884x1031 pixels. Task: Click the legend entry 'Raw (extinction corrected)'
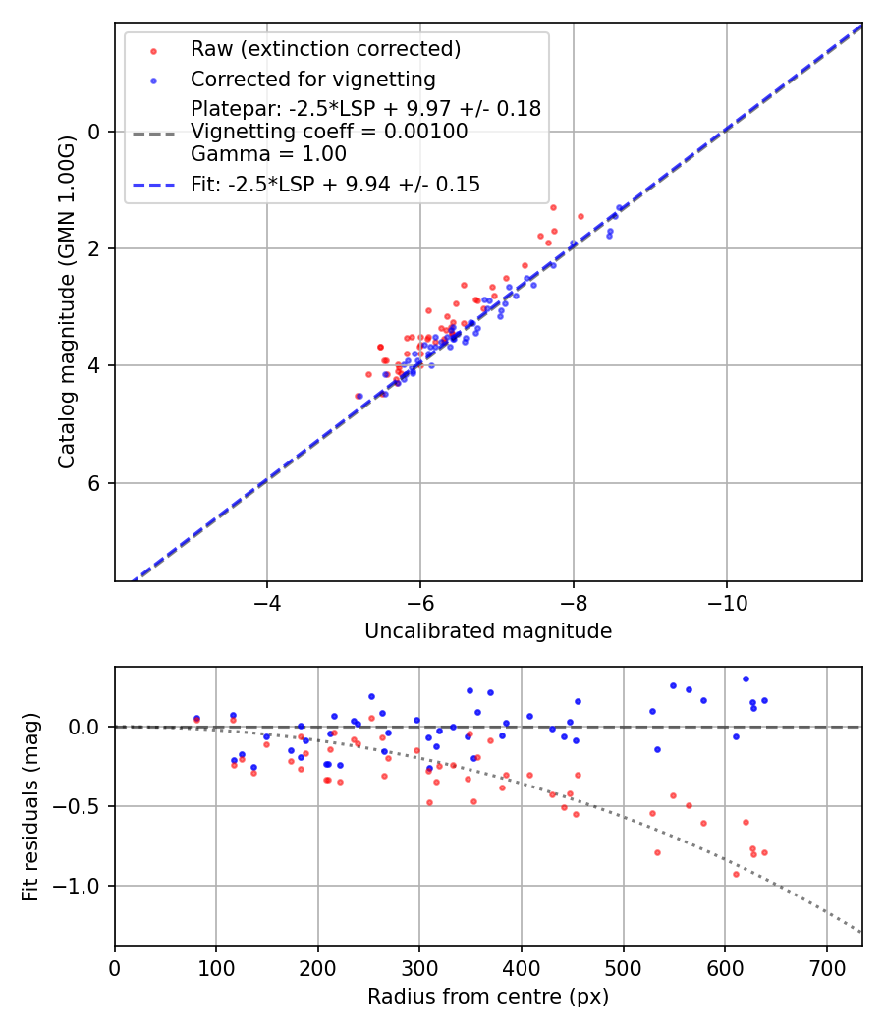click(x=325, y=49)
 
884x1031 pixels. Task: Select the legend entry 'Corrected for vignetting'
click(x=312, y=79)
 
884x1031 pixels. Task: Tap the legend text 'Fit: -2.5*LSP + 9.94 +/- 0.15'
click(x=335, y=185)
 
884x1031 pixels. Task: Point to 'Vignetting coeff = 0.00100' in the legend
click(x=329, y=132)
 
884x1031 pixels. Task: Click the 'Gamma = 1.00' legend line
click(x=268, y=154)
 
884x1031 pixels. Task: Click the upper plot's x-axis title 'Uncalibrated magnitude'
click(x=488, y=631)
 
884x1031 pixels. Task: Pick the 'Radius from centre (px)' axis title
click(x=488, y=997)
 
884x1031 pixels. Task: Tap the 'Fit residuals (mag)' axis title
click(x=30, y=806)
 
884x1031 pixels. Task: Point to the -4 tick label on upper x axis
click(x=266, y=601)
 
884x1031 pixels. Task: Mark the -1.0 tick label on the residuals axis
click(x=82, y=887)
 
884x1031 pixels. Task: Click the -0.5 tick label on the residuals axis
click(x=82, y=806)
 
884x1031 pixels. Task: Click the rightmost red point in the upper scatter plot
click(x=580, y=216)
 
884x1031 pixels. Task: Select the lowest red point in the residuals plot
click(x=736, y=874)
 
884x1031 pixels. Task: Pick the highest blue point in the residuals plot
click(x=746, y=678)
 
